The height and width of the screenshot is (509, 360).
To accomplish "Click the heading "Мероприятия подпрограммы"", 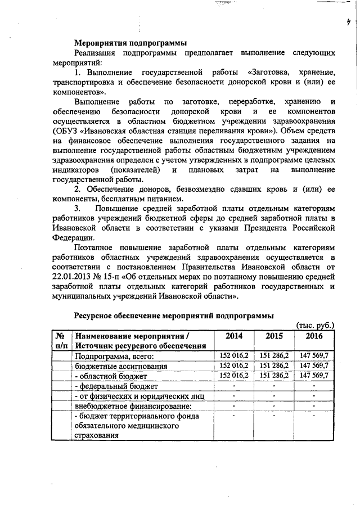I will point(130,43).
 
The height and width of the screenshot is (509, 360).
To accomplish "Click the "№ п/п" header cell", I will point(61,340).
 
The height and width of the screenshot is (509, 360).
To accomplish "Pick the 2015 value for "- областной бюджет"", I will point(274,375).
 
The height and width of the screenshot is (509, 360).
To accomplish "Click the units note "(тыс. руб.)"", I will point(316,325).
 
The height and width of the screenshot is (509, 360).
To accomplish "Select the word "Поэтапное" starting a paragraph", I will point(96,247).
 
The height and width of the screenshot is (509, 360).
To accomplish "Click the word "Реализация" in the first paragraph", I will point(98,53).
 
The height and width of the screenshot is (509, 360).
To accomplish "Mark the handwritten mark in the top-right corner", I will point(348,22).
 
